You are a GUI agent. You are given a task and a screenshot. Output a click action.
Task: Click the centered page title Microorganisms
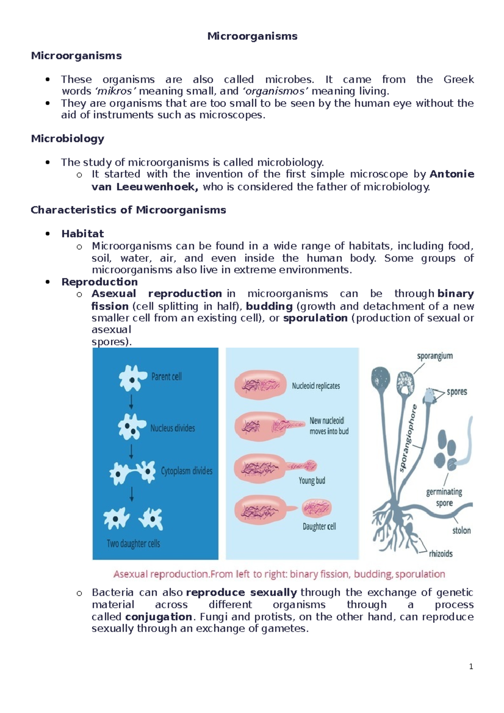(x=252, y=36)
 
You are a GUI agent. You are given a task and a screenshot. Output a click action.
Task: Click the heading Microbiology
(x=68, y=139)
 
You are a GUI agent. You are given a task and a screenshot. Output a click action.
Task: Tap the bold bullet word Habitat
(x=82, y=233)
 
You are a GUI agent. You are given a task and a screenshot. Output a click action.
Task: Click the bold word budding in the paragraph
(x=269, y=306)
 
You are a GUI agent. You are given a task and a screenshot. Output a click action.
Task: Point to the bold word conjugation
(x=159, y=617)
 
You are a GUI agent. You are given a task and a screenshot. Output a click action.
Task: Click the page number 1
(x=471, y=666)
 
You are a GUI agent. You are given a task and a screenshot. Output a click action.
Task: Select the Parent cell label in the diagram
(x=166, y=377)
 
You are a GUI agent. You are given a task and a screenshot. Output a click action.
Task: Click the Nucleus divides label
(x=173, y=428)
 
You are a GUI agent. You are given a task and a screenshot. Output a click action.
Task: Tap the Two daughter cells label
(x=133, y=544)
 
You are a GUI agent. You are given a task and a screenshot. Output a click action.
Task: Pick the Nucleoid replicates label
(x=316, y=386)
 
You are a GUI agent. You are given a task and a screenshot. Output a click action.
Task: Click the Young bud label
(x=312, y=481)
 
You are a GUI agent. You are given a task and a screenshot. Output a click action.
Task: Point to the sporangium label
(x=435, y=356)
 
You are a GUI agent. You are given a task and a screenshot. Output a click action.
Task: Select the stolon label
(x=461, y=531)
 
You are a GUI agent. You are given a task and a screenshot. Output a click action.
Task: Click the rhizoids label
(x=441, y=554)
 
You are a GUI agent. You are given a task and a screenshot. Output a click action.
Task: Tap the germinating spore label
(x=444, y=497)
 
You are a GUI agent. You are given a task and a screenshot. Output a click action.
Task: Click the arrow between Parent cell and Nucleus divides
(x=131, y=401)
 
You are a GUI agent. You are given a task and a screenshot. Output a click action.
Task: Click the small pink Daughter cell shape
(x=317, y=508)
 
